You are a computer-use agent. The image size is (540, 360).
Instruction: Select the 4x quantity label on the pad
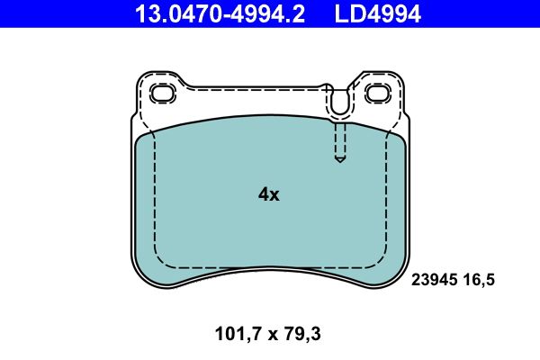pos(268,193)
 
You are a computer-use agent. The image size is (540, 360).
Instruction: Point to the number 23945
pos(434,281)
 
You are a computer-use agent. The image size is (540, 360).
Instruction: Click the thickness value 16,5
pos(479,281)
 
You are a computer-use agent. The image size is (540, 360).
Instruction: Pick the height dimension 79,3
pos(302,334)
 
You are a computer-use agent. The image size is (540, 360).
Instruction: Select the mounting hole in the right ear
pos(377,93)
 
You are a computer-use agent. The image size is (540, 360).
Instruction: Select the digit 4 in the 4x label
pos(263,193)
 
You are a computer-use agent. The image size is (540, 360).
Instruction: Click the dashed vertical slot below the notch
pos(339,139)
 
